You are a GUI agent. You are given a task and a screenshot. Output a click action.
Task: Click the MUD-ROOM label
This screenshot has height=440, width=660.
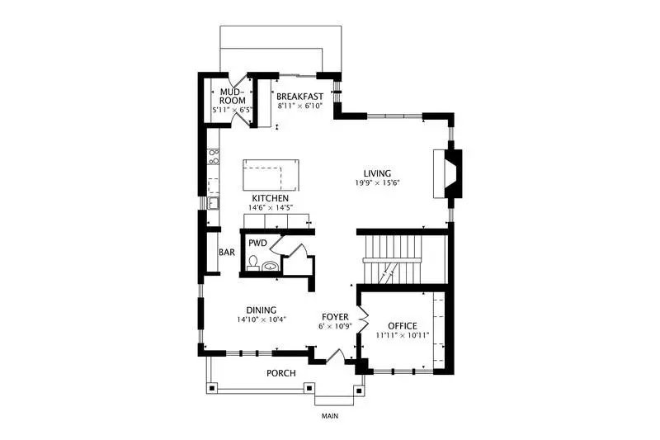pos(233,97)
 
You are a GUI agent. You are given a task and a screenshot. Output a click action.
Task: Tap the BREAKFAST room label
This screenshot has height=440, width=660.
pos(299,97)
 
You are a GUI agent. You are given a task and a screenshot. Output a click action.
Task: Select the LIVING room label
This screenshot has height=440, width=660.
pos(377,173)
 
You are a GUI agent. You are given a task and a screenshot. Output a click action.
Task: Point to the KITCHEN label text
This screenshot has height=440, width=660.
pos(271,198)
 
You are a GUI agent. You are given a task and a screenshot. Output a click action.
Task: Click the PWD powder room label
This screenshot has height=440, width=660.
pos(257,243)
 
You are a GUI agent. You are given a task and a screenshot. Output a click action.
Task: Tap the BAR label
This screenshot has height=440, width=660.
pos(227,253)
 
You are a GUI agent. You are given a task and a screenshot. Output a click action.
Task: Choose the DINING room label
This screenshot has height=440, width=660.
pos(262,310)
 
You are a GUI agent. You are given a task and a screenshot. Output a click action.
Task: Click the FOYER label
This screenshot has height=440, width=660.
pos(335,317)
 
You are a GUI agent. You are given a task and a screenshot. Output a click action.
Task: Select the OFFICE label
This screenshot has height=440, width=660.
pos(403,326)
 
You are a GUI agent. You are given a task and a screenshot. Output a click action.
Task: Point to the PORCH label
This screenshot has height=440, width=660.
pos(281,373)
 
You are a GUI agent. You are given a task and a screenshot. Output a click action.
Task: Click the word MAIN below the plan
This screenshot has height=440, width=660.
pos(330,416)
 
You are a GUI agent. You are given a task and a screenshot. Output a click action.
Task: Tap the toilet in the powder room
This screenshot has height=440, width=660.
pos(253,263)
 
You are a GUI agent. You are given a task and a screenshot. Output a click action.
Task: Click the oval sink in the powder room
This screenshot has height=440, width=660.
pos(270,266)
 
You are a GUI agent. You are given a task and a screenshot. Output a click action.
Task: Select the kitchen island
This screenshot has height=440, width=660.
pos(271,175)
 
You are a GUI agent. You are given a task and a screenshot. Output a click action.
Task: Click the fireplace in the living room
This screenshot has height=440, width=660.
pos(448,173)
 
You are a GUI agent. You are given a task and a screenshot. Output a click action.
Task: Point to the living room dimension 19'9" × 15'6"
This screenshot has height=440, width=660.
pos(377,182)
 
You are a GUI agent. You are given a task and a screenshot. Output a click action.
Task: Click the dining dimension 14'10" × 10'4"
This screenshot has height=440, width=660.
pos(262,319)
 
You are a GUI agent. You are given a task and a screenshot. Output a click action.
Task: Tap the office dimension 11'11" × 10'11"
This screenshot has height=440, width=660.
pos(403,336)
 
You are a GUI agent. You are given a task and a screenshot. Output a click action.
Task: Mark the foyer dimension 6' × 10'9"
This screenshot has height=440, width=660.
pos(336,326)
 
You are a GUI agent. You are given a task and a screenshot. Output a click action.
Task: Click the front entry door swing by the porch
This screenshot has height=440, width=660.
pos(336,356)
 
